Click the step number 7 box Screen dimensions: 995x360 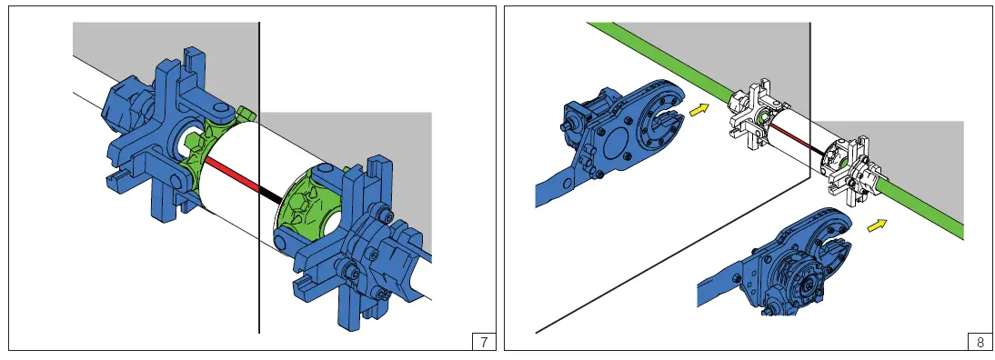[484, 342]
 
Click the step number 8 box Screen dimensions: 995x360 [980, 342]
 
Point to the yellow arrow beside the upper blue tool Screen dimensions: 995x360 [698, 110]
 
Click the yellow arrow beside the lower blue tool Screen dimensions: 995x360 [877, 225]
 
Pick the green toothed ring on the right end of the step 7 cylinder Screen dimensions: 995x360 [311, 209]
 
